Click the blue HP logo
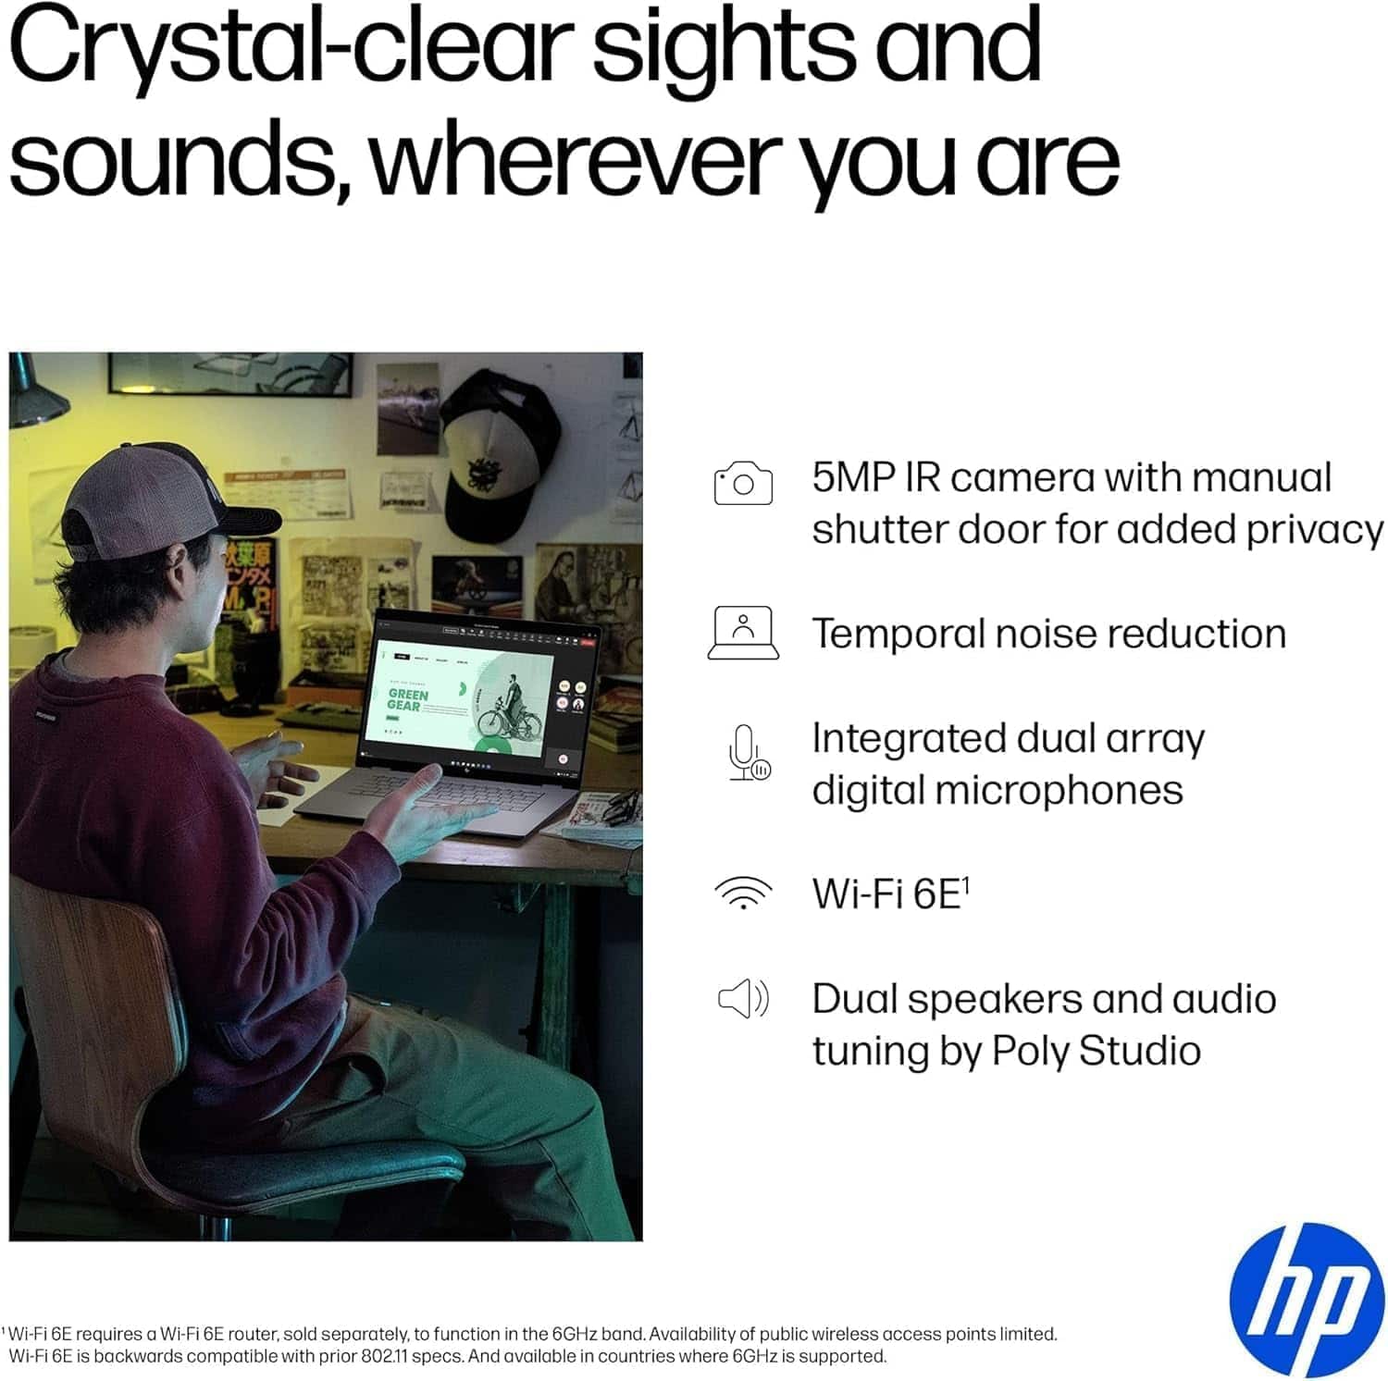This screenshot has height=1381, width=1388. [1307, 1299]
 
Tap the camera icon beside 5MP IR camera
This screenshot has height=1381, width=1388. [743, 484]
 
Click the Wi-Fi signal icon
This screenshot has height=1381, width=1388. [743, 893]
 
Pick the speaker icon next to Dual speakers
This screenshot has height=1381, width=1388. [743, 999]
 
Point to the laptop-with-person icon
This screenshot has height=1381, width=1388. [743, 634]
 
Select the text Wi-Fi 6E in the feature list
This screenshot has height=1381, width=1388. [887, 894]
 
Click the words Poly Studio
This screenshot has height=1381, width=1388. [1097, 1051]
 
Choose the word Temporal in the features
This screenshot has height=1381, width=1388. [895, 635]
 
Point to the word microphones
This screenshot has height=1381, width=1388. [1059, 791]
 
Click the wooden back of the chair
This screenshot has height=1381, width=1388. [93, 999]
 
